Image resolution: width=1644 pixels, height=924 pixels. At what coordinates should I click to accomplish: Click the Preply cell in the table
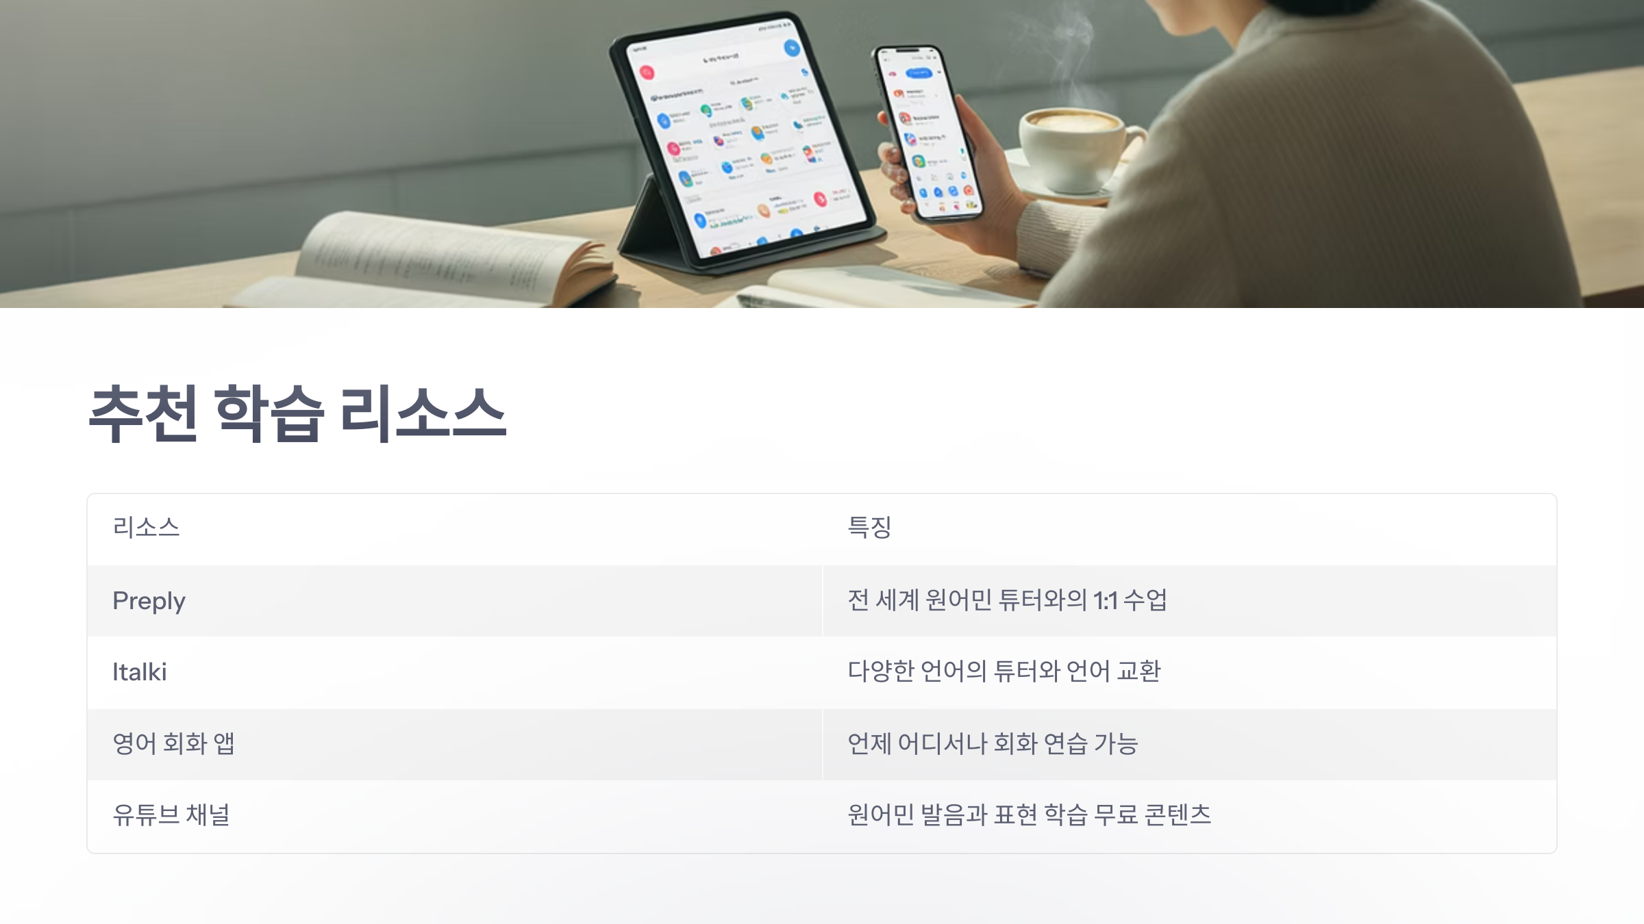tap(149, 601)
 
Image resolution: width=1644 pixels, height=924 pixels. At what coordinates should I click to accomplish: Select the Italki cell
tap(140, 672)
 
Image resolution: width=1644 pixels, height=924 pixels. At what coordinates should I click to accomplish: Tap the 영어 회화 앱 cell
tap(174, 743)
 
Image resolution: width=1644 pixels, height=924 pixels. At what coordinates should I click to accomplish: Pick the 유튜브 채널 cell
tap(171, 814)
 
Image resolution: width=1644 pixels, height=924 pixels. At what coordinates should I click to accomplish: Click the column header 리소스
tap(146, 528)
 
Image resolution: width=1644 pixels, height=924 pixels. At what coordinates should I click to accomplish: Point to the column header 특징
tap(869, 528)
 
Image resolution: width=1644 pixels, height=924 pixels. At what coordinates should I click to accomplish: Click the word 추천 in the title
tap(144, 414)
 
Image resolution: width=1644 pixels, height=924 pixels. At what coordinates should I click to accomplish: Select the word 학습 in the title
tap(269, 414)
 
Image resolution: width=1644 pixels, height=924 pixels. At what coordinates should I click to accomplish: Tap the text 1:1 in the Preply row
tap(1105, 601)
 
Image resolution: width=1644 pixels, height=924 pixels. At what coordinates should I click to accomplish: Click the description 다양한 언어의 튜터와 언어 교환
tap(1004, 671)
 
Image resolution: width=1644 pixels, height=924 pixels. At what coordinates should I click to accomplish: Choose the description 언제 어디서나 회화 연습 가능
tap(993, 743)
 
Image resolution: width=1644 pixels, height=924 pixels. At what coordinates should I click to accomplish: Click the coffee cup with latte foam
tap(1072, 147)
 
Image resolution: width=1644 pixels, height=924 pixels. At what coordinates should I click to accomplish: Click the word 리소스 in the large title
tap(423, 414)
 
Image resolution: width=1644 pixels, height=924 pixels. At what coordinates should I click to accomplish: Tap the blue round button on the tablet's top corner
tap(792, 48)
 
